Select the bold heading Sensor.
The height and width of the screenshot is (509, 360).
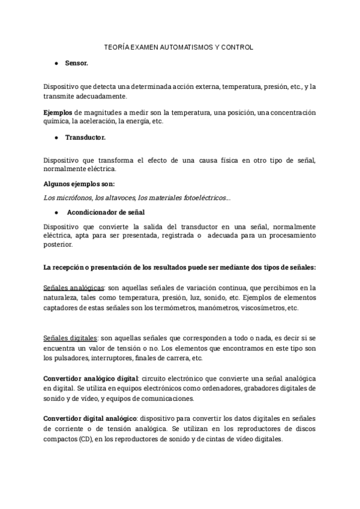click(77, 62)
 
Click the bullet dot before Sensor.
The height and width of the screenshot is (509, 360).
click(56, 62)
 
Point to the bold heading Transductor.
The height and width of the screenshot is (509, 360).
click(85, 137)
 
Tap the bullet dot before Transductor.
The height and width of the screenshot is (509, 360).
click(56, 137)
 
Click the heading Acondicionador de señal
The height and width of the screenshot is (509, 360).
click(105, 212)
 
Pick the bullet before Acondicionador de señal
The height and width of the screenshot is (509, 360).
click(56, 212)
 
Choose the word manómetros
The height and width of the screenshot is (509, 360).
click(217, 308)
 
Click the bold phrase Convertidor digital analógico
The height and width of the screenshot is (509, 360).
click(91, 418)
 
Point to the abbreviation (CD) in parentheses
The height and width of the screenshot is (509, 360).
click(84, 439)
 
